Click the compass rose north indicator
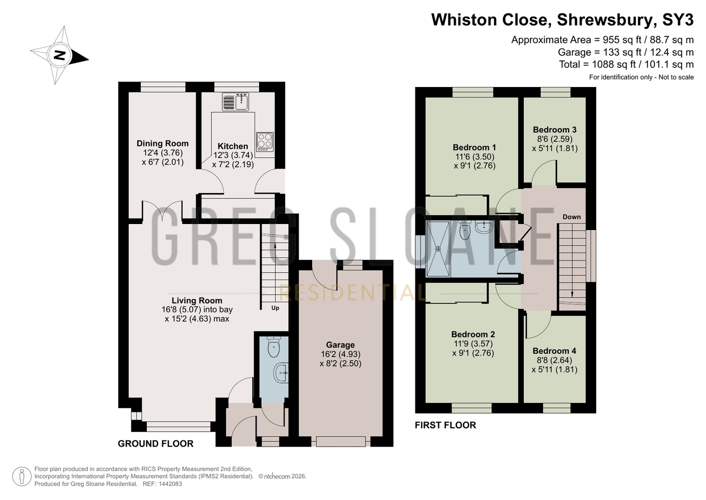point(59,55)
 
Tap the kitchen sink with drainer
point(236,101)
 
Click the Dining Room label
point(163,143)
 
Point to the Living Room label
point(197,300)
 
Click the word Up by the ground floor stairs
point(275,308)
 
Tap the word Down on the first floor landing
point(571,217)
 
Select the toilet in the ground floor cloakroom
point(274,347)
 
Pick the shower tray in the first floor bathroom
point(438,249)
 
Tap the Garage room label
point(341,345)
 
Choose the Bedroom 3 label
point(555,129)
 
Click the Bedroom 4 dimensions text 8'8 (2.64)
point(554,360)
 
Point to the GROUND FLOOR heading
point(156,444)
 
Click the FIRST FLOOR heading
point(445,425)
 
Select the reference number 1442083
point(170,484)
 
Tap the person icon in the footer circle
point(22,476)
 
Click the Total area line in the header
point(626,64)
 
